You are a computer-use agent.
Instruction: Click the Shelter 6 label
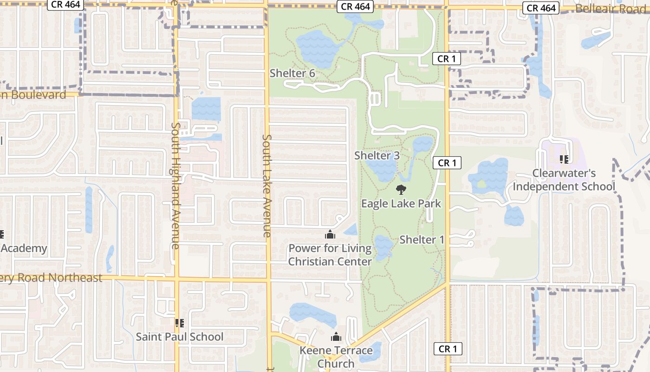pos(292,73)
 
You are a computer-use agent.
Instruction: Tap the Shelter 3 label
pos(377,156)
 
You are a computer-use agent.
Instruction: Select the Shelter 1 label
pos(422,240)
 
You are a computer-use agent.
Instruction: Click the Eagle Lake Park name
pos(401,204)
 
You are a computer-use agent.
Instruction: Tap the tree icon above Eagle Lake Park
pos(401,189)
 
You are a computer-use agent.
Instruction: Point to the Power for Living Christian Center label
pos(330,255)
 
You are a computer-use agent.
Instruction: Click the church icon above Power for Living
pos(330,234)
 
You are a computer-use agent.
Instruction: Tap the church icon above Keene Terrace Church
pos(336,337)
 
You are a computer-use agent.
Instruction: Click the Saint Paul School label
pos(180,337)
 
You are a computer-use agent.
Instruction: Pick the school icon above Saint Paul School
pos(179,323)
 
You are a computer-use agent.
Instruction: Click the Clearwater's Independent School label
pos(564,180)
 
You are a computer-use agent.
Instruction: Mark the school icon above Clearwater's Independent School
pos(564,159)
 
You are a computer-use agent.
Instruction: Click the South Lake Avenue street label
pos(267,186)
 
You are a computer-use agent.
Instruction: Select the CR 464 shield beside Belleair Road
pos(542,8)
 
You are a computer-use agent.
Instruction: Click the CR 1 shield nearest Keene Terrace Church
pos(448,349)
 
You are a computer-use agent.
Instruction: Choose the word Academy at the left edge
pos(24,248)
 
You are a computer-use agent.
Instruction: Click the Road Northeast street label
pos(51,278)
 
